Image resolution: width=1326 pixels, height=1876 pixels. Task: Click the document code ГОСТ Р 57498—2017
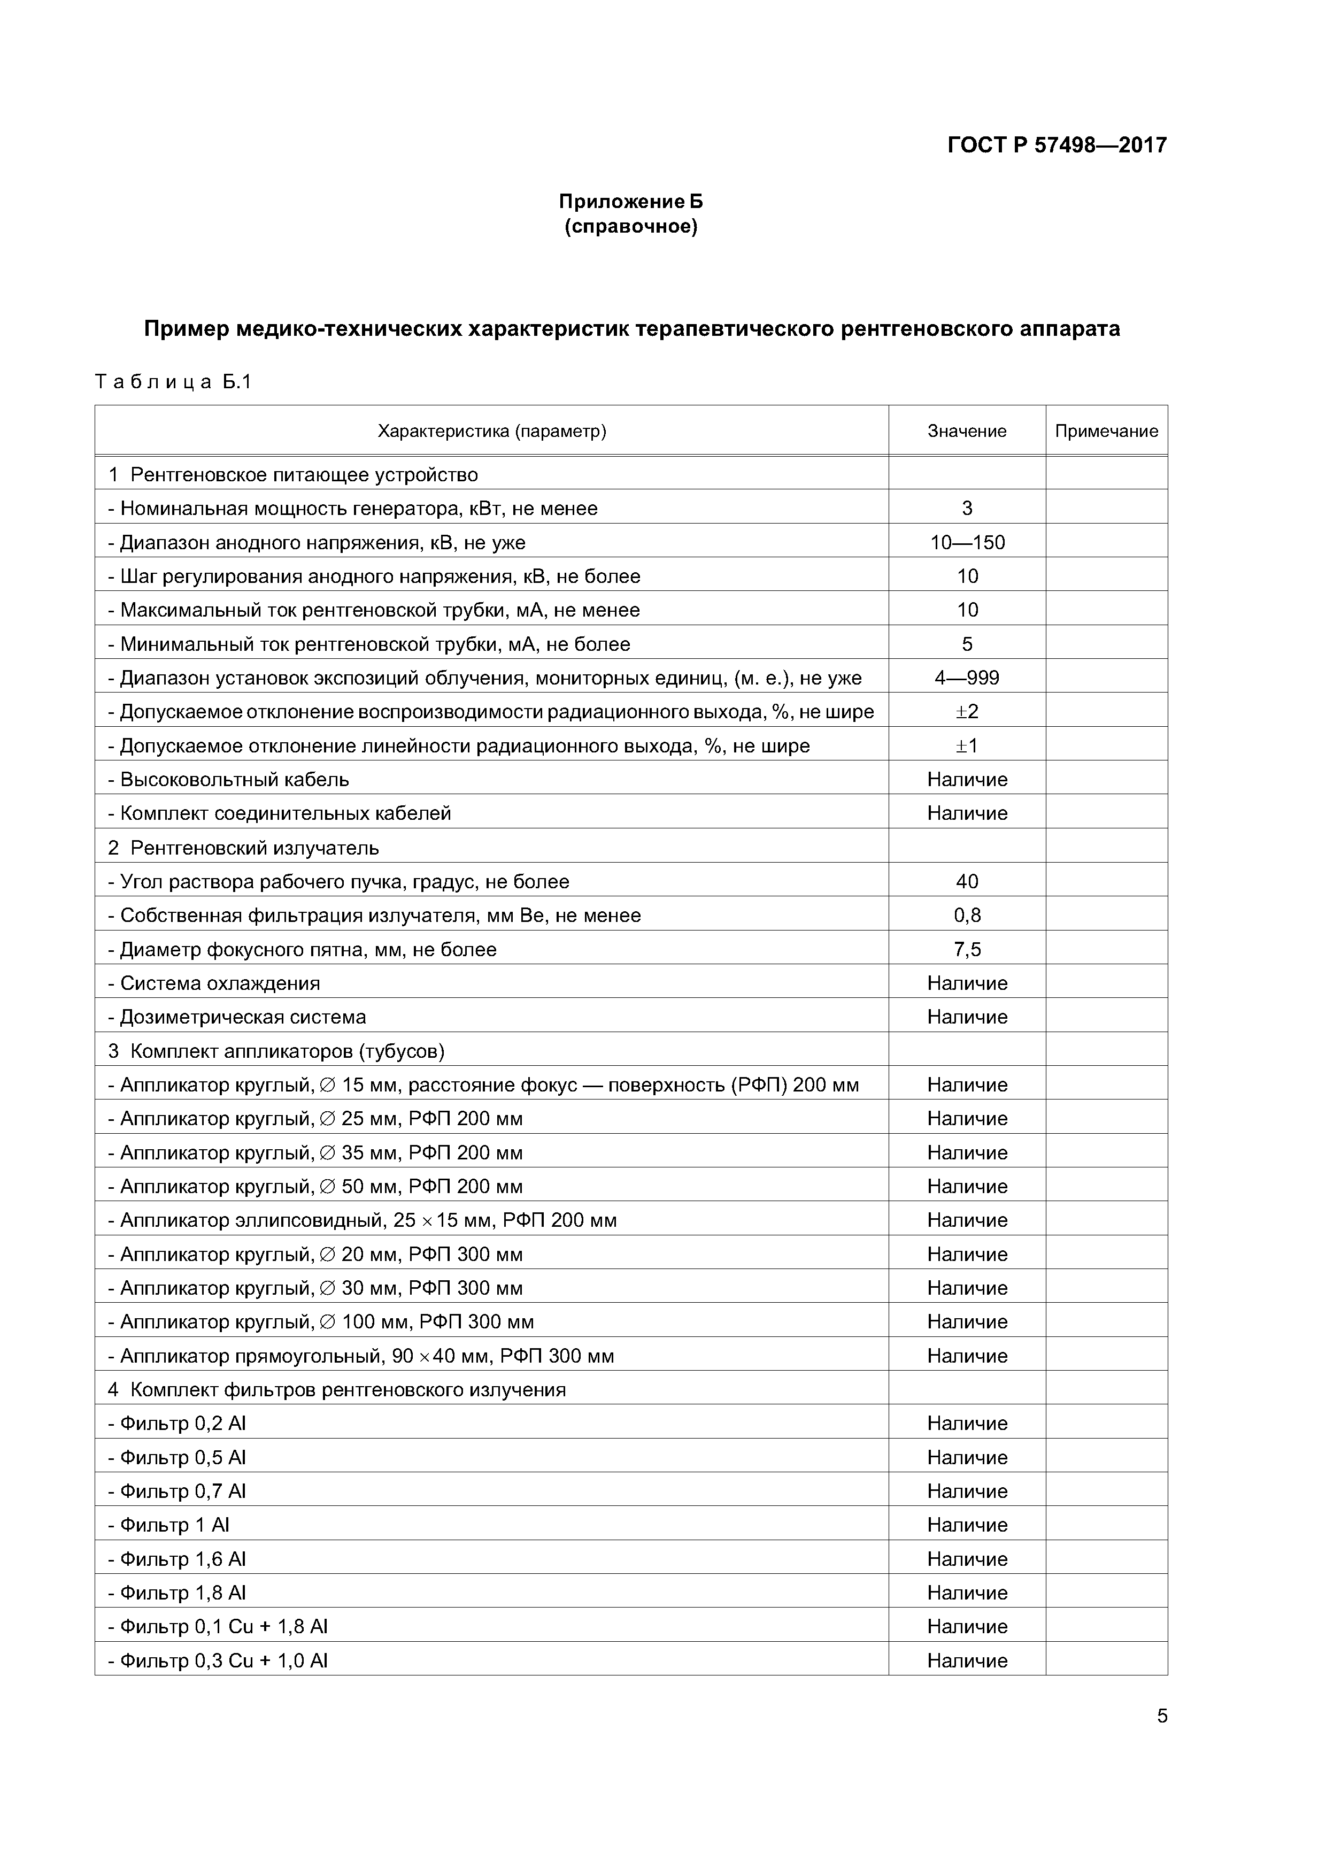1057,145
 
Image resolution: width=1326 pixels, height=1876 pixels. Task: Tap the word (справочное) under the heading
631,226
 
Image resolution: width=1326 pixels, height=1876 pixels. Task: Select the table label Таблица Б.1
173,382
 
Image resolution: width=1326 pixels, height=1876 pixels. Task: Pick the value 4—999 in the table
967,678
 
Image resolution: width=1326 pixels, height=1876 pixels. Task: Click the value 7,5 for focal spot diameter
967,949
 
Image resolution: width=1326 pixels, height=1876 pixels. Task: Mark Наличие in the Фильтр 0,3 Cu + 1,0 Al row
967,1661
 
